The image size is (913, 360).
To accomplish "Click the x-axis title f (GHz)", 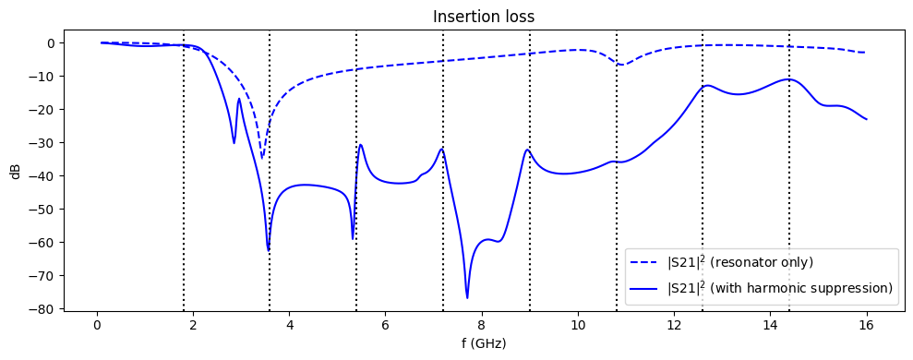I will pos(485,343).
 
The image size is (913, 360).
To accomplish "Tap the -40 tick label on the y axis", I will pos(42,175).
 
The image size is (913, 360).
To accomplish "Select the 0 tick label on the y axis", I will pos(52,42).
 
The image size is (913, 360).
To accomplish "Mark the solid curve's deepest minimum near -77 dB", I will pos(467,297).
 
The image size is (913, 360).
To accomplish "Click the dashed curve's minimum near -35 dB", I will pos(262,158).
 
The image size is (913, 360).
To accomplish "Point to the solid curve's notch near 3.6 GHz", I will pos(269,249).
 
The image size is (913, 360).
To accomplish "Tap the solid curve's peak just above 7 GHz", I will pos(442,149).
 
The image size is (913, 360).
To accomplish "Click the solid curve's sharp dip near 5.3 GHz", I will pos(353,238).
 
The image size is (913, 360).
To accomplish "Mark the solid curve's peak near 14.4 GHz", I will pos(787,79).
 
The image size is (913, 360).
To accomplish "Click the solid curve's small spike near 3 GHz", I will pos(239,99).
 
